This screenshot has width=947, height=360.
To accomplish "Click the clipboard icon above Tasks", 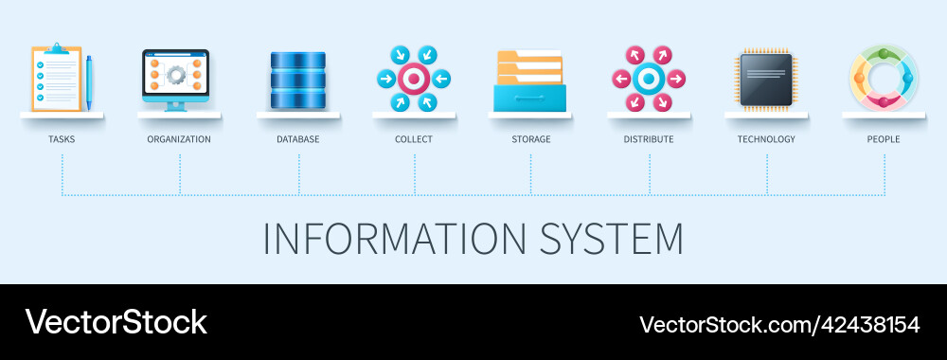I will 56,79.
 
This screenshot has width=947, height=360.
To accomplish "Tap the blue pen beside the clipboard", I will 89,81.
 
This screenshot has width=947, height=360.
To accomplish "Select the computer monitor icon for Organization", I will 176,78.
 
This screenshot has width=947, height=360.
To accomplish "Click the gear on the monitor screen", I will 176,74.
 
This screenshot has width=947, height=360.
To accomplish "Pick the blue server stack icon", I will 297,80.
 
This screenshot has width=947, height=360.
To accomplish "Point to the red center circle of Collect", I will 414,78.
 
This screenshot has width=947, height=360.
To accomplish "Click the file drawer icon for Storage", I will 529,81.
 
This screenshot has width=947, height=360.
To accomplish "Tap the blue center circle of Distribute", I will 648,78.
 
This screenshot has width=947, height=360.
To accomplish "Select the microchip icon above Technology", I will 767,78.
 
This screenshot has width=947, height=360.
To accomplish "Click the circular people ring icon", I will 883,78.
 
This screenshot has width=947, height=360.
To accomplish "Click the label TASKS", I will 62,139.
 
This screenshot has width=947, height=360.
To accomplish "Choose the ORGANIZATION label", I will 179,139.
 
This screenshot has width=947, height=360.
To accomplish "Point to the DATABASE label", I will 298,139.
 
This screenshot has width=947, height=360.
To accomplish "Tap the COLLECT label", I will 414,139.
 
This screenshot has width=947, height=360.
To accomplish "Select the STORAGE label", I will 530,139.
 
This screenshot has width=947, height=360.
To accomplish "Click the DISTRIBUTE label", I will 649,139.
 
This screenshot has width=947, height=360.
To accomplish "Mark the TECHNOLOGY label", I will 766,139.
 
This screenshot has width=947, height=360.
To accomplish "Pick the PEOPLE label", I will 884,139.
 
